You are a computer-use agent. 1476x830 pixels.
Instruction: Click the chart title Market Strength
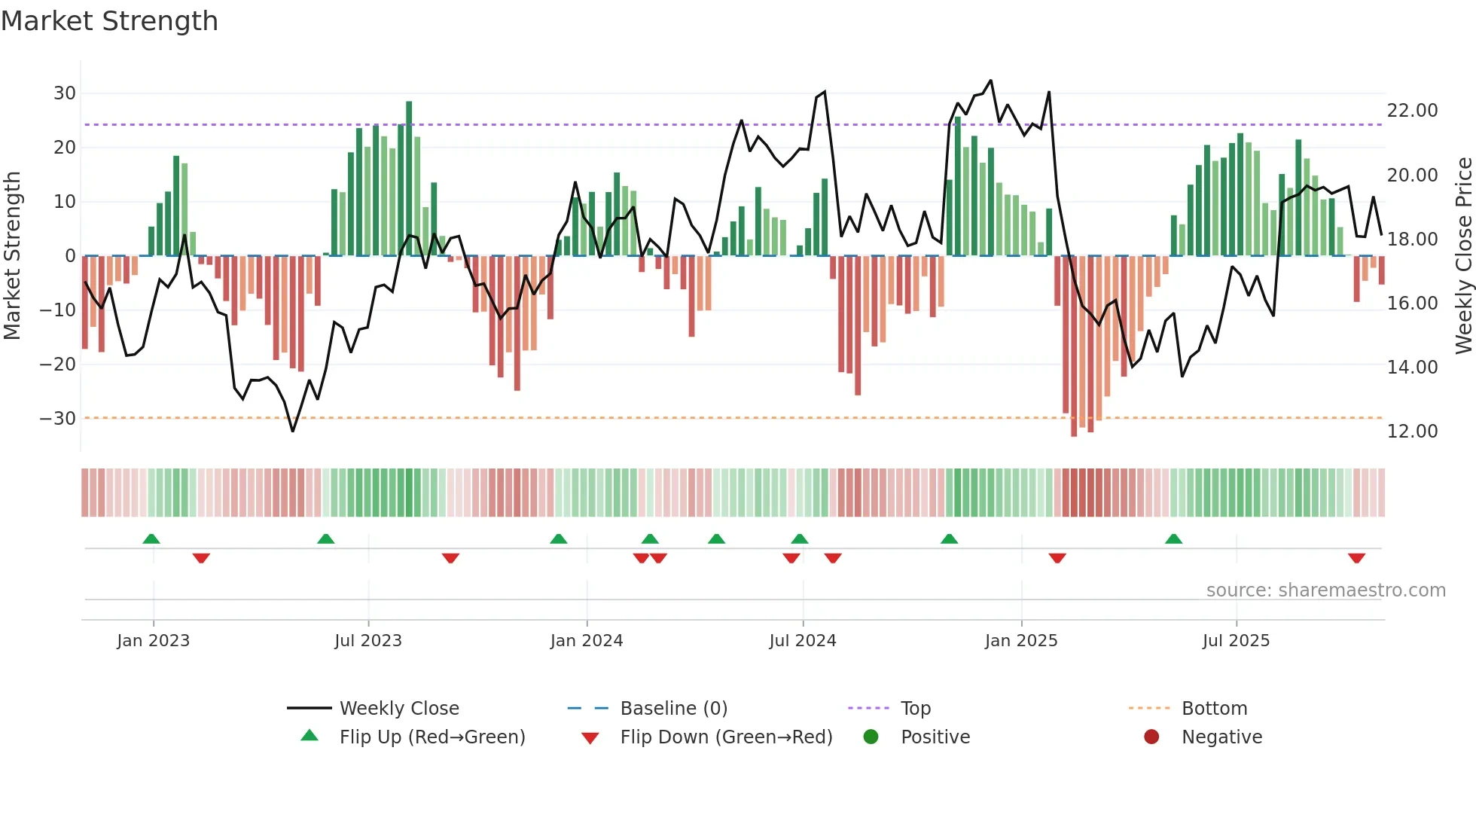pos(110,21)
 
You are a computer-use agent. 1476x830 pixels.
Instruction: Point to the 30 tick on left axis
pos(65,93)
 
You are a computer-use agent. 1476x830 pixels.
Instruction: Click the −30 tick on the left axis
pos(58,419)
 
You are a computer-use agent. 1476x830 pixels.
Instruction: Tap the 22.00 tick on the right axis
pos(1412,111)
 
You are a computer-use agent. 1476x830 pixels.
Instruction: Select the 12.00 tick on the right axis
pos(1412,432)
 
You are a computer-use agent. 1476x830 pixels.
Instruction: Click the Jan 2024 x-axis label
pos(587,641)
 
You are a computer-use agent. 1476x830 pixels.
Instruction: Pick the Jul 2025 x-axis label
pos(1236,641)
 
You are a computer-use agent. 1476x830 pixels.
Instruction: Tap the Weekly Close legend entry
pos(398,709)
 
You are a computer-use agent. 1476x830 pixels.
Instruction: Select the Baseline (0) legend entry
pos(673,709)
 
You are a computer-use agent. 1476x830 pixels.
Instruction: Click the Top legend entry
pos(915,709)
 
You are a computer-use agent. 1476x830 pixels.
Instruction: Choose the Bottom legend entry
pos(1214,709)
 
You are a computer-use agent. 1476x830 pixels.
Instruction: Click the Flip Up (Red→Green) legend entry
pos(432,737)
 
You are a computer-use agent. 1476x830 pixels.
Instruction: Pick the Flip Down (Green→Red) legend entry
pos(726,737)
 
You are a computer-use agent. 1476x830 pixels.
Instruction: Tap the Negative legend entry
pos(1221,737)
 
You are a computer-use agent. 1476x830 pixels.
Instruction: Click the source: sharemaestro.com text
pos(1325,590)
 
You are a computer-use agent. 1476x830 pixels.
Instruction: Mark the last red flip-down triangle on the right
pos(1356,558)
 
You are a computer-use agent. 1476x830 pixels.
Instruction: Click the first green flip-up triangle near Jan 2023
pos(151,539)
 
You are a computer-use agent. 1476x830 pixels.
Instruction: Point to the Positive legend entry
pos(935,737)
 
